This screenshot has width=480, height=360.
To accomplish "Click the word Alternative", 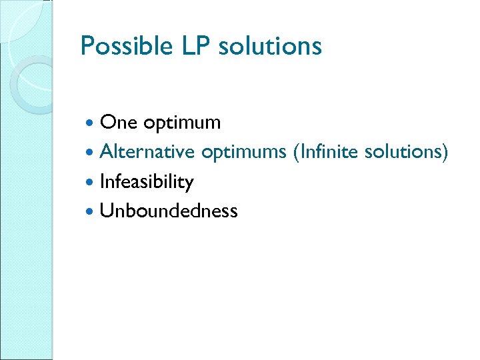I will (147, 152).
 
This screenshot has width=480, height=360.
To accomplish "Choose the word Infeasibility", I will (146, 182).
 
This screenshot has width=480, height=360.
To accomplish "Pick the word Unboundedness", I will (168, 211).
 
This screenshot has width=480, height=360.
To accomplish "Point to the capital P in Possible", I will (86, 46).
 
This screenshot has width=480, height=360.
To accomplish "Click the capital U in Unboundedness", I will (105, 211).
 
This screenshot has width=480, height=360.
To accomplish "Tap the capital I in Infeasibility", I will (101, 181).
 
